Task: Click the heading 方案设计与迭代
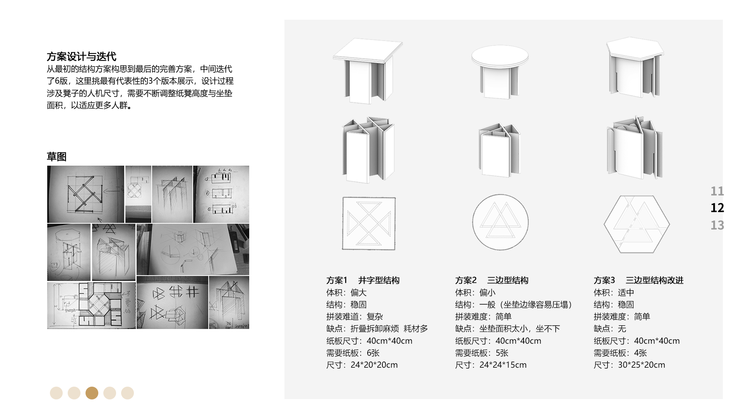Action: coord(81,57)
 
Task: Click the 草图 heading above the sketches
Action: coord(56,157)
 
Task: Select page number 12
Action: coord(717,208)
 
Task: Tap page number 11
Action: coord(717,191)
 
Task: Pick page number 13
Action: coord(717,225)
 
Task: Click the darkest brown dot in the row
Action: coord(92,393)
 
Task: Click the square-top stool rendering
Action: coord(368,72)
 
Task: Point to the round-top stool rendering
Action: coord(500,72)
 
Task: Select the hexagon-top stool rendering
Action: coord(635,68)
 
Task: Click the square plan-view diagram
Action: coord(369,223)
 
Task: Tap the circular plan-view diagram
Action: coord(500,222)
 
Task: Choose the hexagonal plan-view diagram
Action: coord(637,224)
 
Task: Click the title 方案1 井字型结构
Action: coord(363,280)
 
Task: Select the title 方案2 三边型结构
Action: coord(491,280)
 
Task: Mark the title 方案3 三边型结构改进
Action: coord(639,280)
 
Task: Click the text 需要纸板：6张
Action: coord(353,353)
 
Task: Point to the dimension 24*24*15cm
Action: coord(503,365)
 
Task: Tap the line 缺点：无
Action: coord(609,329)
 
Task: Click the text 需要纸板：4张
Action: coord(620,353)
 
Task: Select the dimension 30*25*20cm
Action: coord(641,365)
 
